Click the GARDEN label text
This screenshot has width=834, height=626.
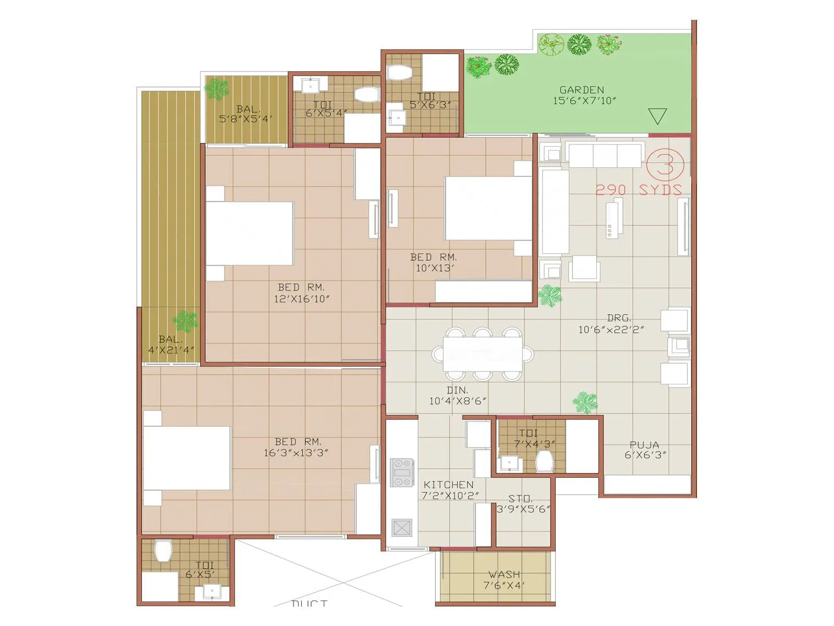tap(582, 90)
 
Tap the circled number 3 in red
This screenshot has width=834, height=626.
tap(665, 165)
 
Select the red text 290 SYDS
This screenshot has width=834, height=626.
tap(639, 190)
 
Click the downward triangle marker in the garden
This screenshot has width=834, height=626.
tap(657, 115)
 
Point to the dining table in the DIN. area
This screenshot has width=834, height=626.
tap(483, 354)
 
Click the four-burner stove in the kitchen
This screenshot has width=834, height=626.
tap(401, 472)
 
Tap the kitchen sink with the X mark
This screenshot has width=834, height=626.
tap(402, 527)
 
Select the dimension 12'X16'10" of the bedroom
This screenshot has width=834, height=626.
tap(302, 299)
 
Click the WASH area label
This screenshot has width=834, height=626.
tap(504, 574)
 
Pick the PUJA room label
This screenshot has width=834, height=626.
tap(645, 444)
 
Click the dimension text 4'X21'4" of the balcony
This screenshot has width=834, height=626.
tap(171, 350)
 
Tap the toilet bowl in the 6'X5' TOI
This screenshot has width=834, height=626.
tap(163, 551)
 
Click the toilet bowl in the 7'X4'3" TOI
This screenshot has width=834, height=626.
tap(544, 461)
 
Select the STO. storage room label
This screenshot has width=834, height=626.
tap(520, 499)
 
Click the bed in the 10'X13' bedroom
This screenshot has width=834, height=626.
tap(488, 208)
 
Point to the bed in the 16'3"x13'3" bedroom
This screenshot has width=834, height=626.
tap(187, 458)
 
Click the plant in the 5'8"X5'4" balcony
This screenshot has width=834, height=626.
tap(216, 89)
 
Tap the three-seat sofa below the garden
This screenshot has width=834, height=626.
tap(605, 155)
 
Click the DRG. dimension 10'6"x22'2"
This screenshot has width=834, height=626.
tap(611, 330)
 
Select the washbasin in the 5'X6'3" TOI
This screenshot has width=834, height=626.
tap(397, 118)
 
